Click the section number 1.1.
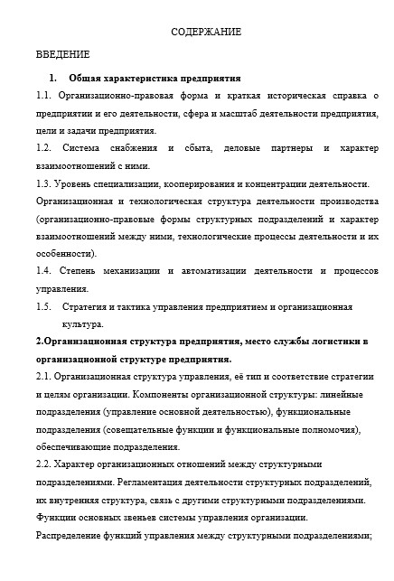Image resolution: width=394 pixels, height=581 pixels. [43, 95]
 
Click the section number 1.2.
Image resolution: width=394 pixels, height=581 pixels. [43, 148]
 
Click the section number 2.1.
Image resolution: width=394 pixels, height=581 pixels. [43, 377]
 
